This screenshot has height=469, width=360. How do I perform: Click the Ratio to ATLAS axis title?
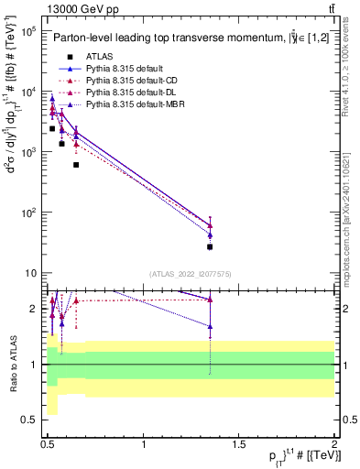point(14,365)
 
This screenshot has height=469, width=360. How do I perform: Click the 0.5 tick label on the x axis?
point(49,443)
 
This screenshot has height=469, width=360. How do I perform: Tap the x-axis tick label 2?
point(335,443)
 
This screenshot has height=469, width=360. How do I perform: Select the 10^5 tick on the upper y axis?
point(28,31)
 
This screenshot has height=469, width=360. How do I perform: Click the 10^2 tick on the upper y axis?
point(28,213)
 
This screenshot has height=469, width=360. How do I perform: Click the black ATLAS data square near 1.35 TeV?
point(210,246)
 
